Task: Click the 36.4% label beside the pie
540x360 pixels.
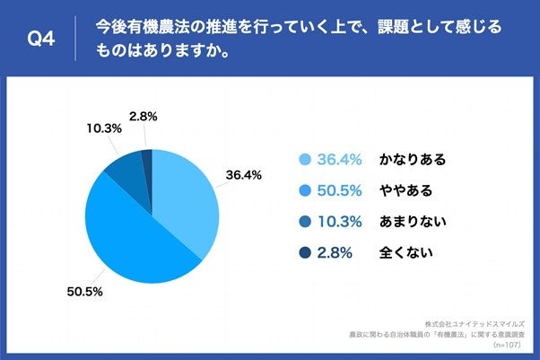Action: click(244, 175)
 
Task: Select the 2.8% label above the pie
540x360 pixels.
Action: click(144, 116)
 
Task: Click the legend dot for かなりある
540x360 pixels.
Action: click(304, 160)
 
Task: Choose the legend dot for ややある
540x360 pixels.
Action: click(304, 190)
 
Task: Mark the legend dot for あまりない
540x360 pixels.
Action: click(304, 221)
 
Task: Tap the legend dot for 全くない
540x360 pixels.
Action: click(304, 252)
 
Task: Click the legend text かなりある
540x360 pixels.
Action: click(413, 160)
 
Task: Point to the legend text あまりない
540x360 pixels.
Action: click(413, 221)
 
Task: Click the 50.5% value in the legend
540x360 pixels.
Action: click(340, 190)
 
